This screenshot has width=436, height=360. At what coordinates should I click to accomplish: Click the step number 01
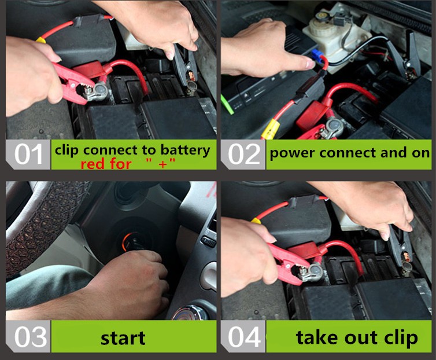click(x=28, y=154)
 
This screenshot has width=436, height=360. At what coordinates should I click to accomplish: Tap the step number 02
click(x=244, y=154)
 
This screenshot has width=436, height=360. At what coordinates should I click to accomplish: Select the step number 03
click(x=31, y=337)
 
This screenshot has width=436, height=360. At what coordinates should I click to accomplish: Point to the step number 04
click(x=245, y=337)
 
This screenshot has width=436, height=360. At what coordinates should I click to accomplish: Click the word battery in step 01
click(x=185, y=150)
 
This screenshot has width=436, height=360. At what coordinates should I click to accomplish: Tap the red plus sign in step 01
click(x=162, y=164)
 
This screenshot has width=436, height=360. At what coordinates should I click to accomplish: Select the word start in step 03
click(x=123, y=338)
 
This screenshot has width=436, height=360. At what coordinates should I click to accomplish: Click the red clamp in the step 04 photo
click(x=289, y=263)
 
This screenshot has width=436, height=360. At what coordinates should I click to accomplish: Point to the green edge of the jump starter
click(x=227, y=104)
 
